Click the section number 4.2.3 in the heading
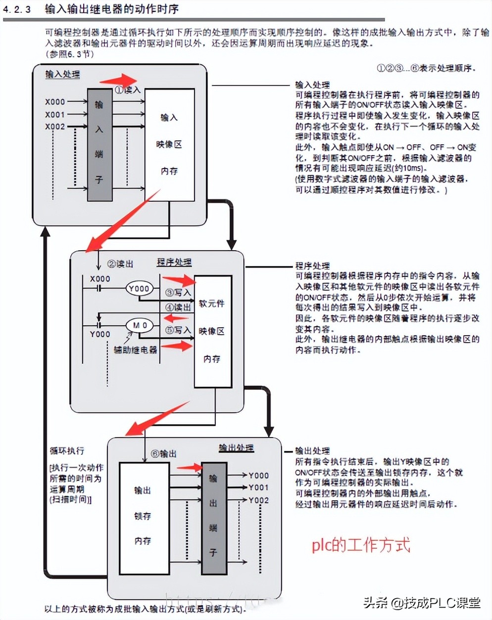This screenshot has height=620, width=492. (17, 9)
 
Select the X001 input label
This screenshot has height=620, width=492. (55, 114)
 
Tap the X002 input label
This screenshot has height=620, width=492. (55, 127)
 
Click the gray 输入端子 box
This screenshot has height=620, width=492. (99, 145)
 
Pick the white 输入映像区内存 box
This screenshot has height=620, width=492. (169, 145)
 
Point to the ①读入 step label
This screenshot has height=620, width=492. (128, 90)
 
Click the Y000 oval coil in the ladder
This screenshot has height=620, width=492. (139, 289)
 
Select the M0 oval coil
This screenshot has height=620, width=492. (139, 325)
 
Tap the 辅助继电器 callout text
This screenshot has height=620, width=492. (135, 350)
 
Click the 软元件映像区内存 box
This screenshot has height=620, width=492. (212, 331)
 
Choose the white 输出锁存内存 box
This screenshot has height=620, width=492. (144, 517)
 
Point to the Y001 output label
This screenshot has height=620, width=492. (258, 487)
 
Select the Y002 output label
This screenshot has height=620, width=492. (258, 500)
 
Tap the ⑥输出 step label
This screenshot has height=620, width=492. (163, 453)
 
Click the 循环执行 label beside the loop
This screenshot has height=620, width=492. (67, 451)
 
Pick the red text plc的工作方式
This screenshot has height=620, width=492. (361, 545)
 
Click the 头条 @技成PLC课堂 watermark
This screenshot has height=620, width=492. (422, 603)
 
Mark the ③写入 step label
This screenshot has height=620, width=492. (178, 292)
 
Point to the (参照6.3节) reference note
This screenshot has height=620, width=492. (69, 54)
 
